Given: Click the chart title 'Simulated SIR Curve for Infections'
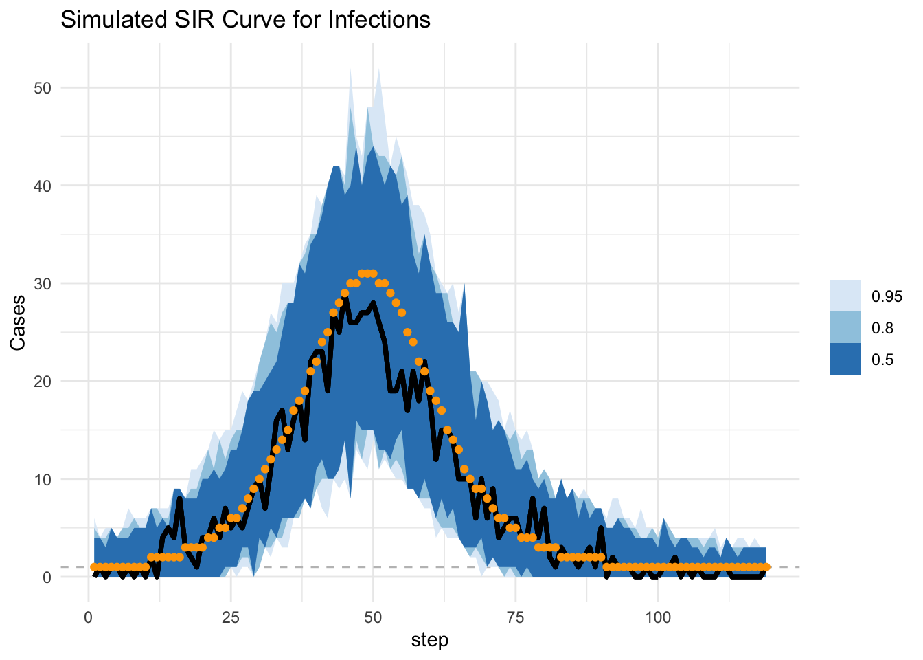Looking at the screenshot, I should (x=245, y=19).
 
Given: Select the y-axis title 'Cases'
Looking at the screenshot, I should (x=19, y=322).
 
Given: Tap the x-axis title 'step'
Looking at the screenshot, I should (x=430, y=640).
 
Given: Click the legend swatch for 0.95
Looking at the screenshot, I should (x=845, y=296).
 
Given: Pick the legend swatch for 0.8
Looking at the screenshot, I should (x=845, y=327).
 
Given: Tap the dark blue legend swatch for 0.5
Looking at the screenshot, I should (x=845, y=359).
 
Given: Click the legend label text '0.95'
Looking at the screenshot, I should (x=887, y=296).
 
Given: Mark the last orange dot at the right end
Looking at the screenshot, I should (x=766, y=567).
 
